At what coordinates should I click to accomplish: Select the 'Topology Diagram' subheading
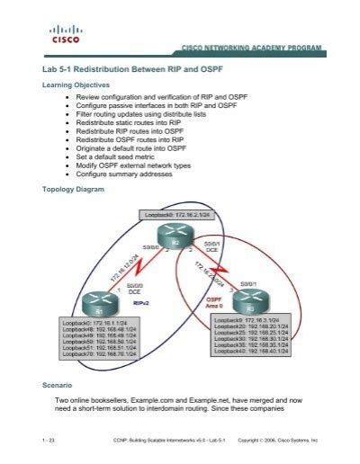[74, 191]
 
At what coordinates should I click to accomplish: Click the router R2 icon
[178, 240]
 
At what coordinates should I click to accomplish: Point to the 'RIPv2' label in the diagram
[142, 304]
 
